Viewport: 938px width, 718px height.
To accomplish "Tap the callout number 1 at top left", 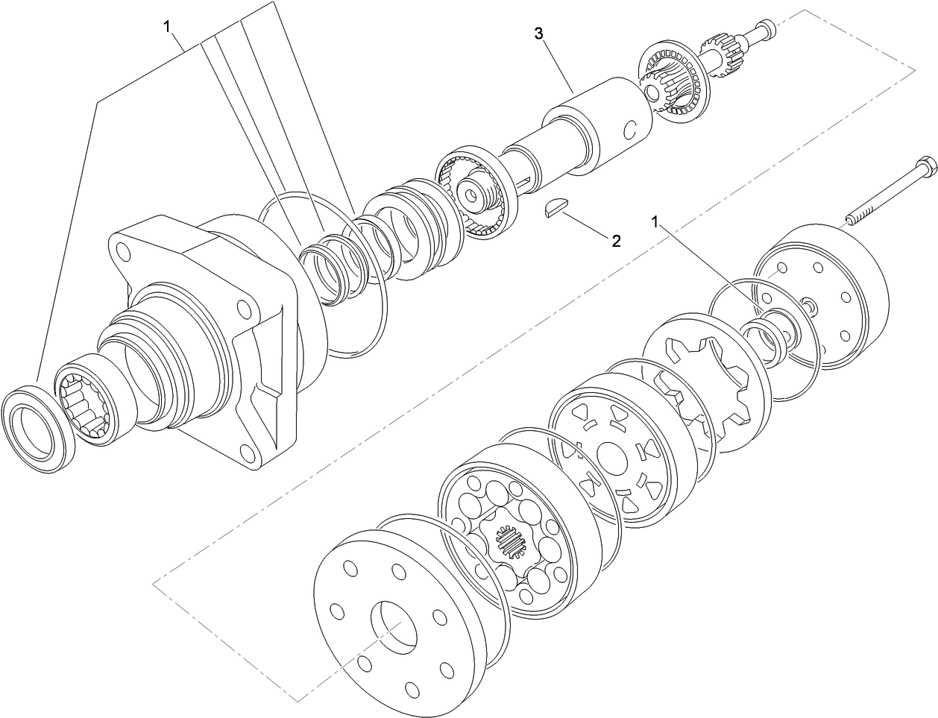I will click(x=169, y=26).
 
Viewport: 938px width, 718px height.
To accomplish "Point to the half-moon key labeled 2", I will click(x=553, y=210).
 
